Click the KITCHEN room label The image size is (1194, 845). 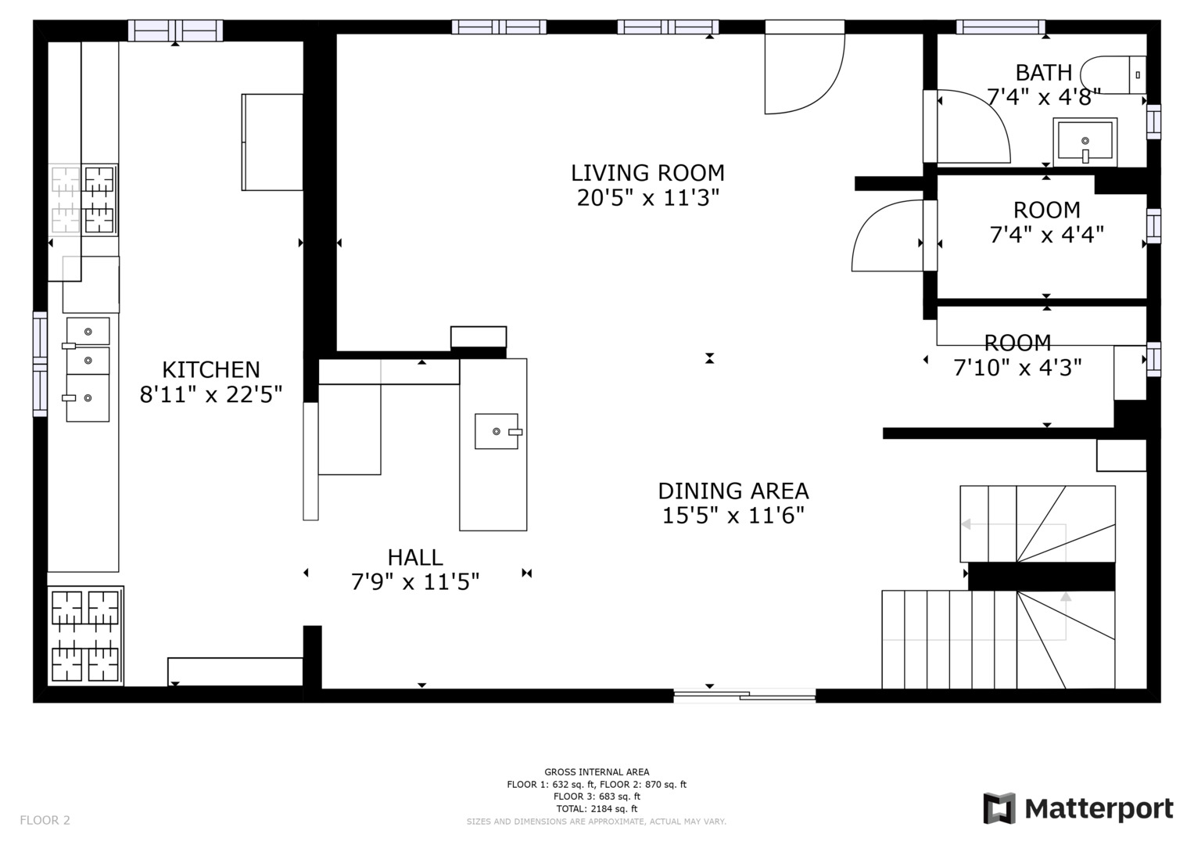point(210,369)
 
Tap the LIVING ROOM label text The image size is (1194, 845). point(647,173)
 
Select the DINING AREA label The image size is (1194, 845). point(733,491)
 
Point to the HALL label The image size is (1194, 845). point(415,558)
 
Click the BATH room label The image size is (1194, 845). point(1043,73)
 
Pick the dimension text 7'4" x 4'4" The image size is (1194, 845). point(1046,234)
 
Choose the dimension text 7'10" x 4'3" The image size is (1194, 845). point(1017,367)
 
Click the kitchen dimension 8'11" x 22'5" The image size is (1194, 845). point(210,394)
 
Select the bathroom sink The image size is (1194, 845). point(1085,142)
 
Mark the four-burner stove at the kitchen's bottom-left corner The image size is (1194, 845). point(85,635)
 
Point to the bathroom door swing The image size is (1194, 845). point(973,127)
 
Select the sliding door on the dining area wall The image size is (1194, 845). point(744,694)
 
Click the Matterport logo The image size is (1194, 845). point(1078,808)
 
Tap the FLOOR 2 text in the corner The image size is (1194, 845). point(45,820)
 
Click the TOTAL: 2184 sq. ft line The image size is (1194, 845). point(596,809)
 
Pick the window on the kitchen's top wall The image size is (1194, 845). point(175,31)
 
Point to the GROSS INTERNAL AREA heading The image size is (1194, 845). point(596,772)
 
